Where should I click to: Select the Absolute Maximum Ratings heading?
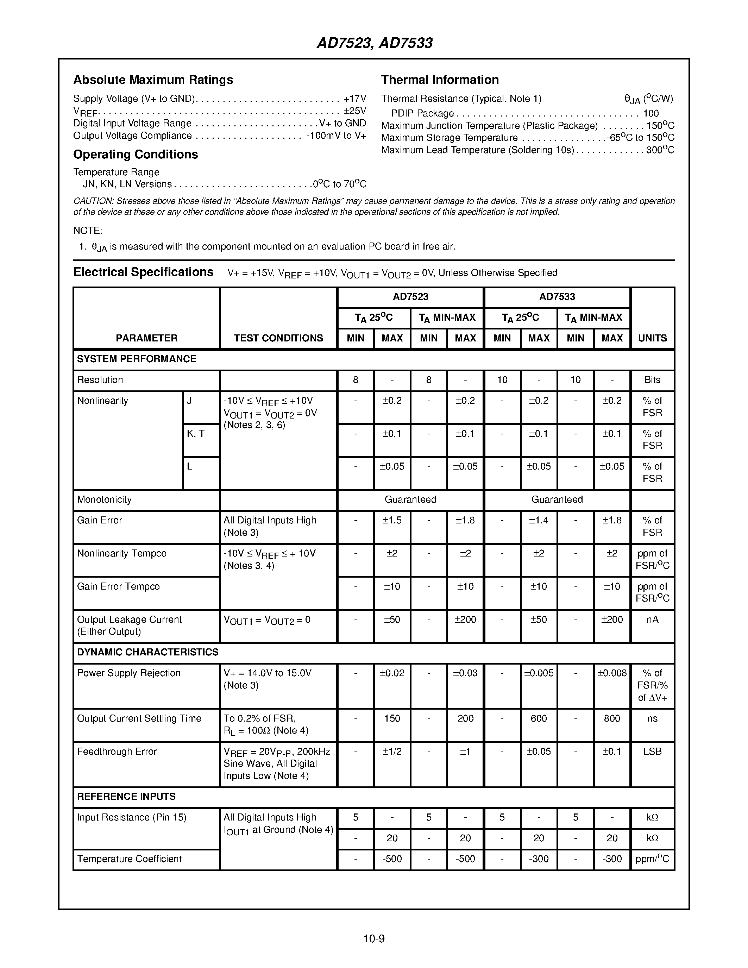point(153,80)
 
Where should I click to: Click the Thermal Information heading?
point(440,80)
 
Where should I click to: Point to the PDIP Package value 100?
point(651,113)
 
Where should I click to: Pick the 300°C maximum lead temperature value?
point(660,150)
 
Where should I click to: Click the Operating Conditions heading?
point(135,154)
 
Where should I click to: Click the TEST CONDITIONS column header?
point(278,338)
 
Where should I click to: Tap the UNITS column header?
point(652,338)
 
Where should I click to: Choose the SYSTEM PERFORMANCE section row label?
point(137,359)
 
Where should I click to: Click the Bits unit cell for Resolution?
point(652,380)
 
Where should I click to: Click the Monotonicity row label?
point(104,499)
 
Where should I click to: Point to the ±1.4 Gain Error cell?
point(539,520)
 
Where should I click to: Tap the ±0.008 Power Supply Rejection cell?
point(612,673)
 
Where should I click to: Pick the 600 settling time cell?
point(539,718)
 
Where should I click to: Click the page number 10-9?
point(374,939)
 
